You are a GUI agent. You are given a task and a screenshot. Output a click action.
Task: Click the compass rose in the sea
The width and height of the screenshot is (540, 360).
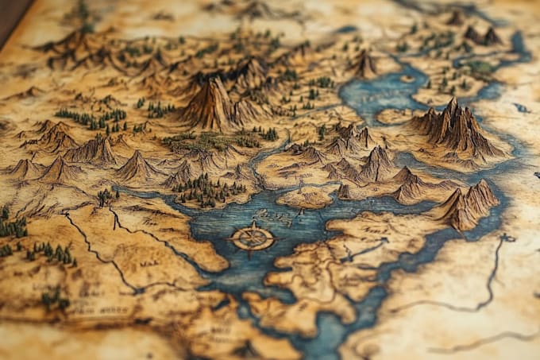click(253, 238)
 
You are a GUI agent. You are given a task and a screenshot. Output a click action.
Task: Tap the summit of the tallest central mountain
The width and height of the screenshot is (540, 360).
click(214, 82)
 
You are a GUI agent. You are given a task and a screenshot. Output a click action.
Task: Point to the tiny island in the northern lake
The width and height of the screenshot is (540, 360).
click(407, 79)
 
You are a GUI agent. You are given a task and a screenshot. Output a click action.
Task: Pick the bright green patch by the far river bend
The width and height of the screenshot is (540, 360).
click(481, 68)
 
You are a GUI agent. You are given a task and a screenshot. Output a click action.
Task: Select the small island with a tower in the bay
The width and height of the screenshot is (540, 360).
click(303, 195)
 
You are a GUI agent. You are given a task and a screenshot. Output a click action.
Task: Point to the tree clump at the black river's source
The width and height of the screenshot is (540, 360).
click(106, 195)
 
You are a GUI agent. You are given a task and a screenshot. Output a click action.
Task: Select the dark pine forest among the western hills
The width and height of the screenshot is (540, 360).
click(91, 118)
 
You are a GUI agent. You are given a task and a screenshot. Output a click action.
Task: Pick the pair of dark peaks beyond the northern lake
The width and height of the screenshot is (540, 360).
click(481, 35)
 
